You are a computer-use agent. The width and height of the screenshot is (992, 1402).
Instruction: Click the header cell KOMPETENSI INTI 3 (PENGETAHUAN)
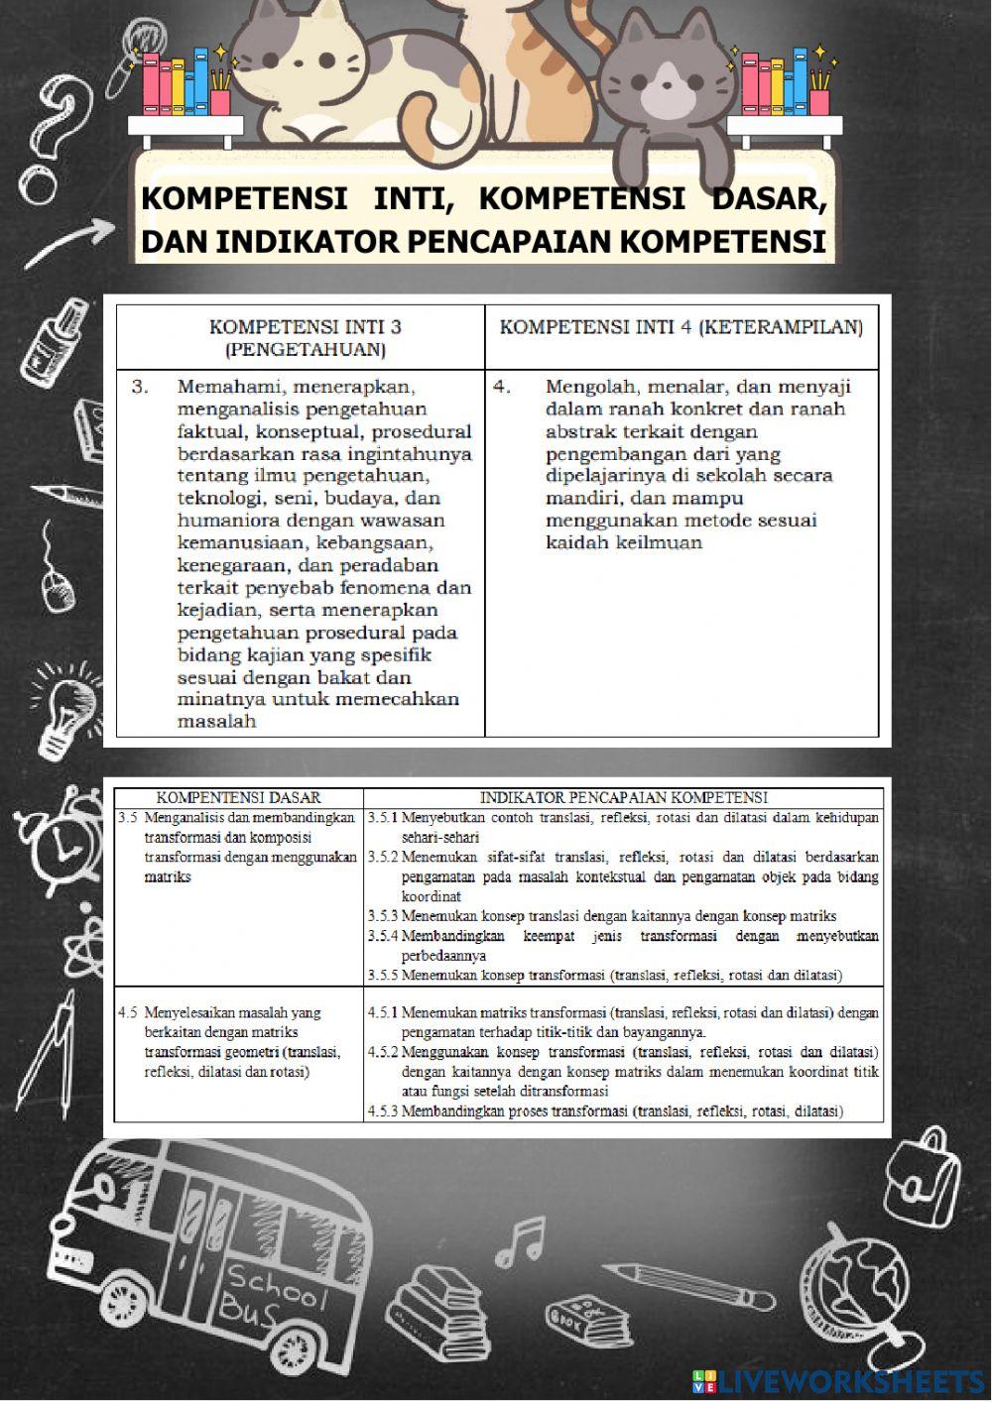(305, 337)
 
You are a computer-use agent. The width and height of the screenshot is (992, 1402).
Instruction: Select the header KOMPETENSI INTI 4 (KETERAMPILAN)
(681, 327)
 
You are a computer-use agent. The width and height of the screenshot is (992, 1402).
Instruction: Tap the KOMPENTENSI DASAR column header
(239, 797)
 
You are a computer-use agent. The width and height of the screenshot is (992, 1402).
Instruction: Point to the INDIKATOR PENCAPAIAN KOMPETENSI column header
(624, 797)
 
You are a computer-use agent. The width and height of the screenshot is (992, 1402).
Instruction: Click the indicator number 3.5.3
(383, 916)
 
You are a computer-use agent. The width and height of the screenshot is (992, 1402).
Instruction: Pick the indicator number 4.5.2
(383, 1052)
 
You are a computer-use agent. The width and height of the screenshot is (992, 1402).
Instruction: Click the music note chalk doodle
(520, 1239)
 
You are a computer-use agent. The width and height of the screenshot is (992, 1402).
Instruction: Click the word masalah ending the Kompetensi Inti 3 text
(216, 722)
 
